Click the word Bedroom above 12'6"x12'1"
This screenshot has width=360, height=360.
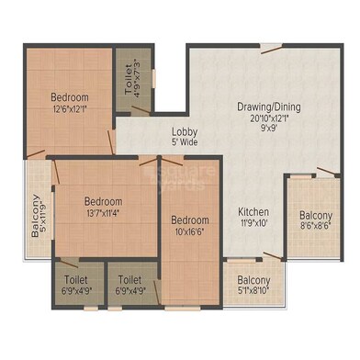tap(70, 97)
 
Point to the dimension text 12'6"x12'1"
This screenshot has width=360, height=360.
tap(70, 109)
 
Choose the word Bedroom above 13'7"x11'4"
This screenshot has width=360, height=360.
tap(103, 201)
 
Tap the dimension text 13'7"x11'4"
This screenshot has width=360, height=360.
tap(103, 213)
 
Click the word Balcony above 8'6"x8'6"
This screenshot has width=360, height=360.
tap(316, 217)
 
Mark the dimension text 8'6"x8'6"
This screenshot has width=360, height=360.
tap(316, 229)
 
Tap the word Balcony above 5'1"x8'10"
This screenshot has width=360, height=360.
tap(254, 281)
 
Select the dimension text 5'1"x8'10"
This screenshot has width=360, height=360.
tap(254, 293)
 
